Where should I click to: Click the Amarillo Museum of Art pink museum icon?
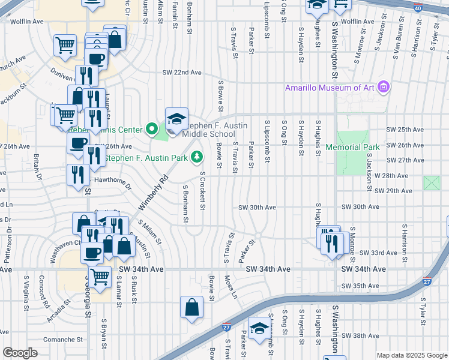pyautogui.click(x=385, y=88)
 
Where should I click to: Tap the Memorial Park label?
pyautogui.click(x=353, y=147)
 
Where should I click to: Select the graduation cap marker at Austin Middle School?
pyautogui.click(x=176, y=119)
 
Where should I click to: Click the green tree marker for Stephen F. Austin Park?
pyautogui.click(x=196, y=157)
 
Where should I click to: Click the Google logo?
pyautogui.click(x=19, y=352)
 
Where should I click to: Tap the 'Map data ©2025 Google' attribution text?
pyautogui.click(x=411, y=355)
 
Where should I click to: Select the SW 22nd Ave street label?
pyautogui.click(x=182, y=73)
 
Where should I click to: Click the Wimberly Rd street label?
pyautogui.click(x=151, y=193)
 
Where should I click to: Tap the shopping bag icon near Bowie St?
pyautogui.click(x=191, y=308)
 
